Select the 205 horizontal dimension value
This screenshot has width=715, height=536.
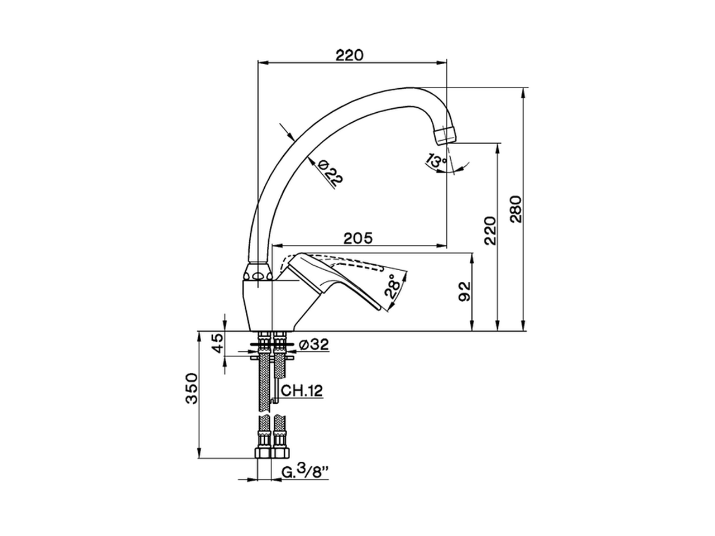357,238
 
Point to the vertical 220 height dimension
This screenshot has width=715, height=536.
489,230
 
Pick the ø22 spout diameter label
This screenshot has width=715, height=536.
330,171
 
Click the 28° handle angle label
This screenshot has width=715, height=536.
393,286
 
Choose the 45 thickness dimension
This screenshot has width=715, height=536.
217,344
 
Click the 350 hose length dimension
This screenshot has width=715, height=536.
192,388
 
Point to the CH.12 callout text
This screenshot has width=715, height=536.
302,391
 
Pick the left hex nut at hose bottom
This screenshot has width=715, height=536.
263,452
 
